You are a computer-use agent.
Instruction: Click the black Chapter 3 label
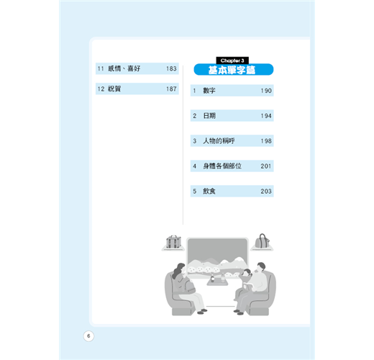(232, 60)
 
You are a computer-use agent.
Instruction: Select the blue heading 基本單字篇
(232, 70)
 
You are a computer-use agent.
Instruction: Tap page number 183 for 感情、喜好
(171, 68)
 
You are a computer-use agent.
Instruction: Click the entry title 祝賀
(114, 89)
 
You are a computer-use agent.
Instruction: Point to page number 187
(171, 89)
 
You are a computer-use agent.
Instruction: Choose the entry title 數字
(209, 91)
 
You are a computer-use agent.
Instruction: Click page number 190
(266, 91)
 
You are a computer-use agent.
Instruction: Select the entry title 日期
(209, 116)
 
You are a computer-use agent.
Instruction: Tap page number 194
(266, 116)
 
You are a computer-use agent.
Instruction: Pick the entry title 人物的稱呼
(219, 141)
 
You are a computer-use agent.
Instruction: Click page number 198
(266, 141)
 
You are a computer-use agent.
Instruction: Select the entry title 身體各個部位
(222, 166)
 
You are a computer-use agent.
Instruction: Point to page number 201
(266, 166)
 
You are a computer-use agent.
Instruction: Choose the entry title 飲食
(209, 191)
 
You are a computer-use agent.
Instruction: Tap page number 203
(266, 192)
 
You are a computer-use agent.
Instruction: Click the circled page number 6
(88, 336)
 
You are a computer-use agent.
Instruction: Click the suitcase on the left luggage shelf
(173, 242)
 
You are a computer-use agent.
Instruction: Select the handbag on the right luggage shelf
(262, 241)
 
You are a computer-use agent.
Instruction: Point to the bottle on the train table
(212, 278)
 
